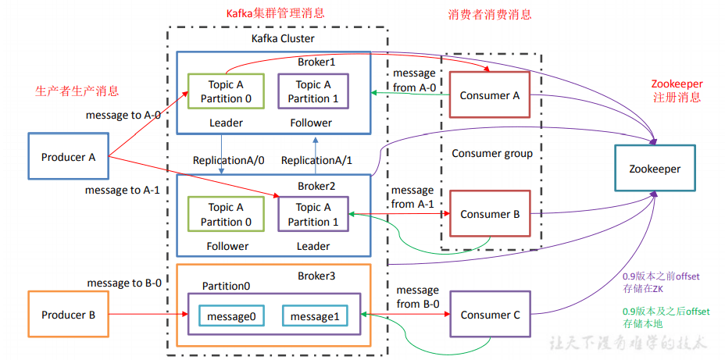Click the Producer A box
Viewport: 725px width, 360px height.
coord(68,157)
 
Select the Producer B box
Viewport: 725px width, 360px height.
coord(68,315)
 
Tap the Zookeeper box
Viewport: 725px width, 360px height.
coord(655,169)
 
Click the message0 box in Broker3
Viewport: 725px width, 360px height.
coord(231,315)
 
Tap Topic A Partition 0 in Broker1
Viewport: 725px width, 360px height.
coord(226,91)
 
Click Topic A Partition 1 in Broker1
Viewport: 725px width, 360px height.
coord(313,91)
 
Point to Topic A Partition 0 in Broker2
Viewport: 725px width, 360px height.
coord(226,214)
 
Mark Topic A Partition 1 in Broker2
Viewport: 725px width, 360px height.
coord(313,214)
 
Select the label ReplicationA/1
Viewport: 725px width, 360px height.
coord(316,160)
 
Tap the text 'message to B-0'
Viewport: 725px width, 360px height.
coord(124,283)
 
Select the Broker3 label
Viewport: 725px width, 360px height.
coord(316,276)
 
